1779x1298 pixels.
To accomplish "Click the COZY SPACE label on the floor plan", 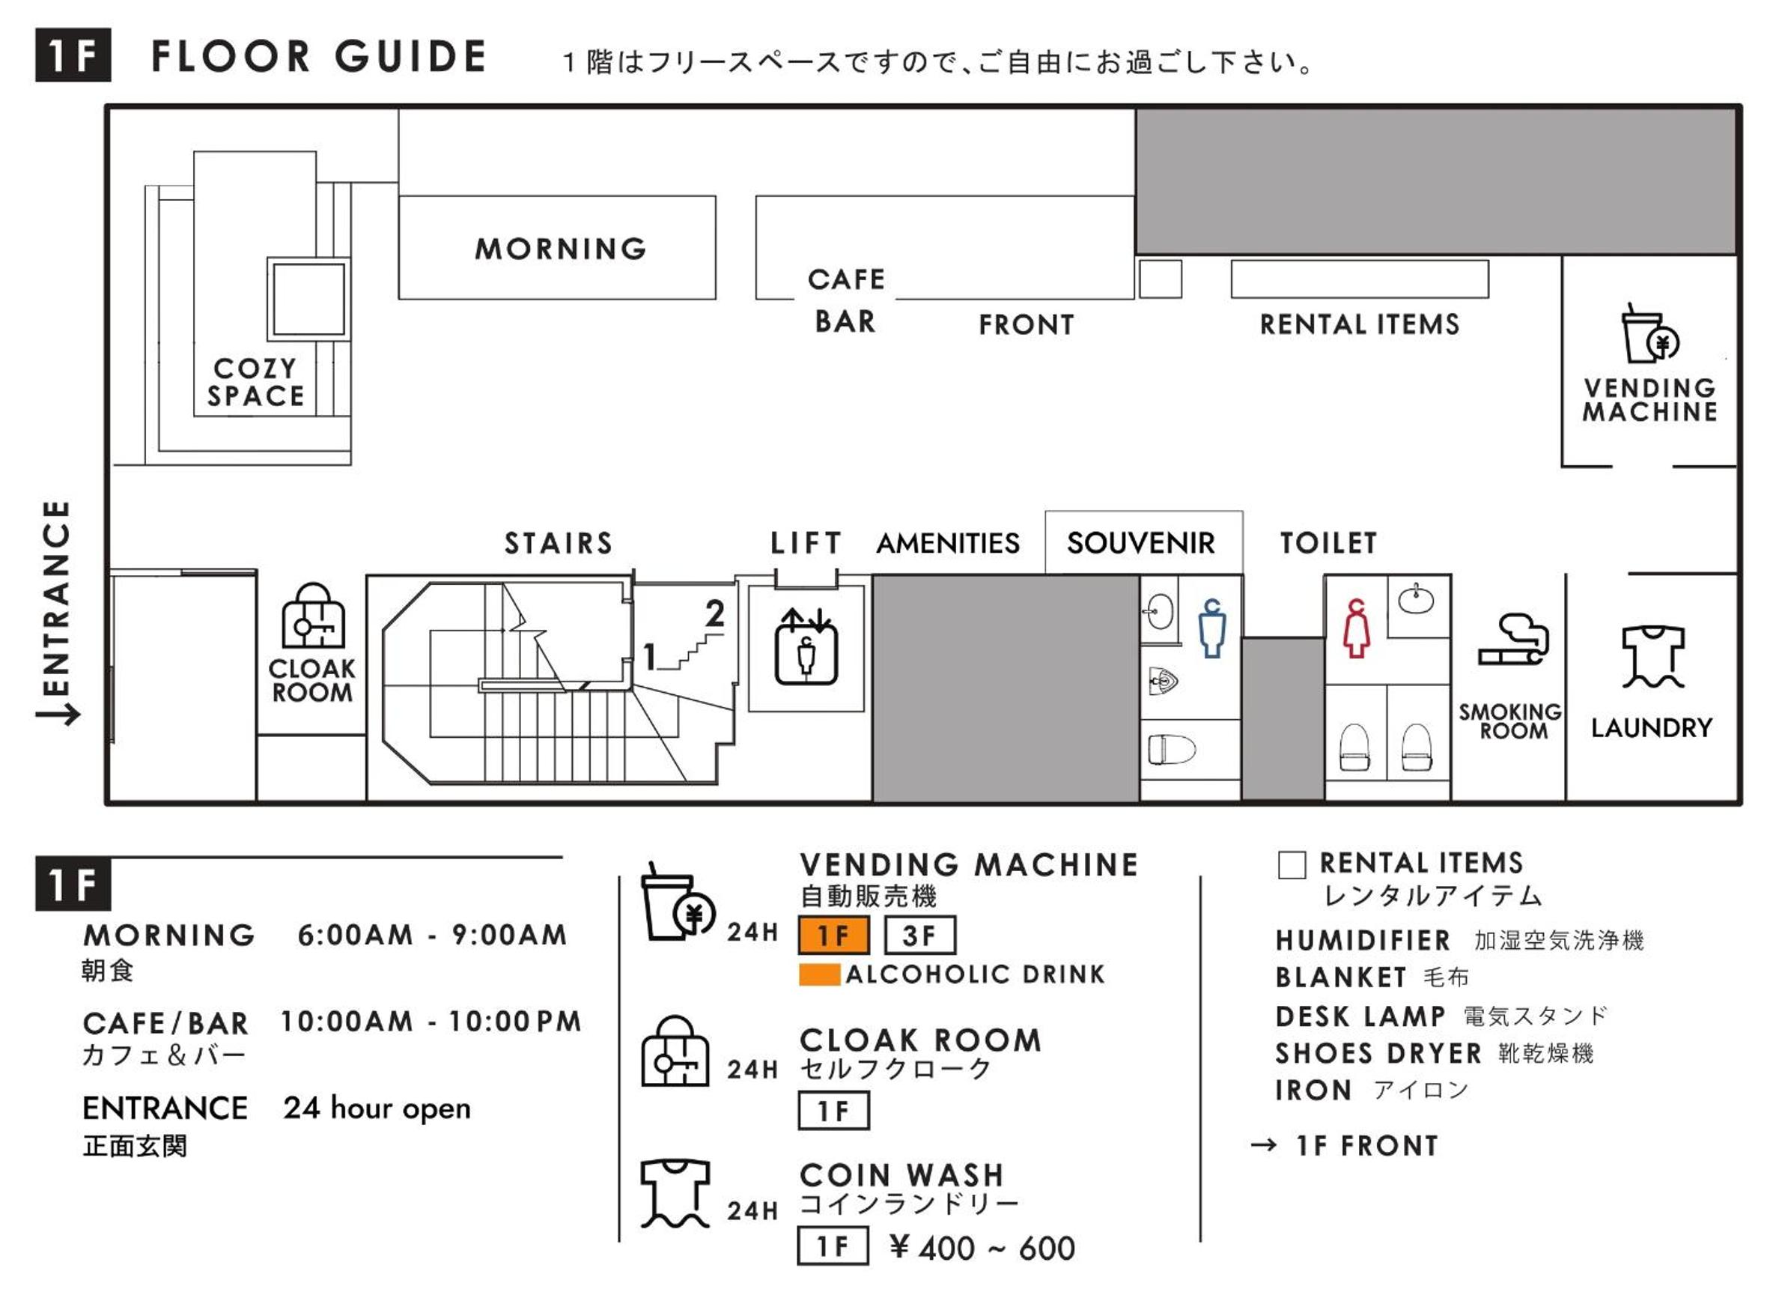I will click(x=255, y=383).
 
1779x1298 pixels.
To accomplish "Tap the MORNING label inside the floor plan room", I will click(x=560, y=249).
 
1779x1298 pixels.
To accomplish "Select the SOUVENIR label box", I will click(x=1142, y=543).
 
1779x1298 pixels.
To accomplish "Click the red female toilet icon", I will click(x=1357, y=628).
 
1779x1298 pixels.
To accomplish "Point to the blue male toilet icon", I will click(x=1212, y=628).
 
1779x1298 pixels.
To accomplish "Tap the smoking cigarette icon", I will click(x=1512, y=640).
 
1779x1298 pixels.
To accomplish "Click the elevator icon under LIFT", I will click(x=806, y=646).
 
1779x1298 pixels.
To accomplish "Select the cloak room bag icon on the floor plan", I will click(x=313, y=616).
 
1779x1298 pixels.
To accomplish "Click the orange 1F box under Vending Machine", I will click(x=833, y=935).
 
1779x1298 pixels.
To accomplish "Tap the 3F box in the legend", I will click(x=919, y=935).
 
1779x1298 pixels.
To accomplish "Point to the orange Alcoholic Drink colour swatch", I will click(x=819, y=974).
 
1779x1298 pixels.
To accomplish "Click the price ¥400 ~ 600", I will click(x=982, y=1248).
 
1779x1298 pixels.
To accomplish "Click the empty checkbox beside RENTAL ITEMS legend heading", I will click(x=1292, y=865).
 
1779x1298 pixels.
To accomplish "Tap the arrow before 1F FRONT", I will click(x=1264, y=1145).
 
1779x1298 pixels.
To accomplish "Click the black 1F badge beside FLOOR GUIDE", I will click(x=73, y=55).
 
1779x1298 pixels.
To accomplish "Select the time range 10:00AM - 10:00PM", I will click(x=431, y=1022).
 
